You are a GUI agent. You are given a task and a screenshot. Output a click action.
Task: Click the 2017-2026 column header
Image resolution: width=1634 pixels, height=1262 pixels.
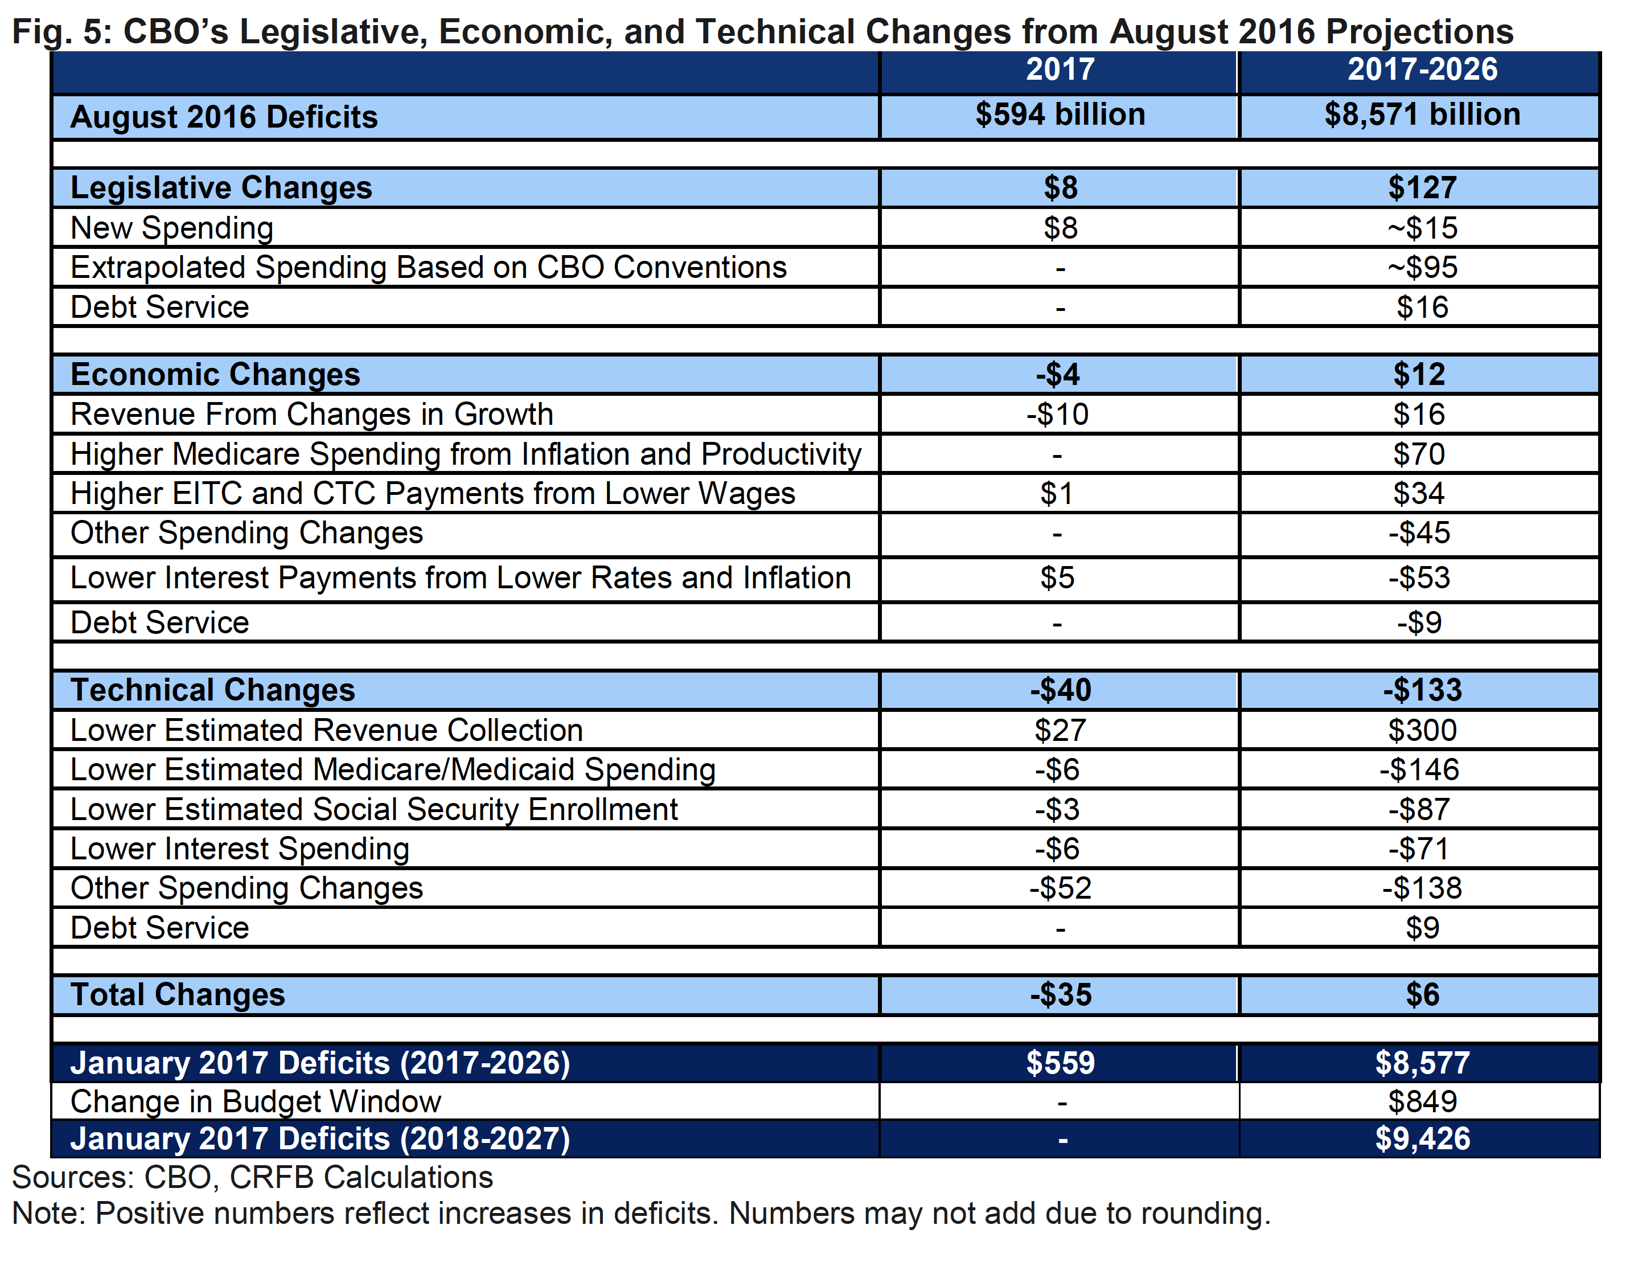(x=1422, y=69)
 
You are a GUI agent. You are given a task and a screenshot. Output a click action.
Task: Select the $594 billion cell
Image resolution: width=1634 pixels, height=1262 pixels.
(x=1060, y=115)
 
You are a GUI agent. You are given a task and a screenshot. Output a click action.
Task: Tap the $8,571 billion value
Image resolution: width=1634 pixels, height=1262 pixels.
(x=1422, y=115)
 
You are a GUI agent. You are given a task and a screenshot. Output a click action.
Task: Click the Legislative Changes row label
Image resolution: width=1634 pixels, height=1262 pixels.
(x=221, y=188)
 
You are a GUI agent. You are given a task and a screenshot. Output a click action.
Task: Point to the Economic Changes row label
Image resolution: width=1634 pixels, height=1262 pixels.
(x=215, y=374)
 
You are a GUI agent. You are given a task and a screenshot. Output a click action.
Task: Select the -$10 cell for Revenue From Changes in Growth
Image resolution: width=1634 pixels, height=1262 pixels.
(x=1057, y=415)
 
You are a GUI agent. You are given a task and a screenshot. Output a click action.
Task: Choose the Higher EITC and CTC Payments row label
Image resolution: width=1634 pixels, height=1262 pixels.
(x=433, y=494)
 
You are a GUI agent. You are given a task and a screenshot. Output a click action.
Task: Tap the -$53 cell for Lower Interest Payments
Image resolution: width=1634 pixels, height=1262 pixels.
(x=1419, y=578)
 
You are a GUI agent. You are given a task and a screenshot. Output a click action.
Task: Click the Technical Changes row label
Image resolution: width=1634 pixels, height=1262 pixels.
(x=212, y=690)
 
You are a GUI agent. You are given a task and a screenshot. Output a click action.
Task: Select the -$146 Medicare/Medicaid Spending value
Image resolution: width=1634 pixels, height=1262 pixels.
(x=1419, y=770)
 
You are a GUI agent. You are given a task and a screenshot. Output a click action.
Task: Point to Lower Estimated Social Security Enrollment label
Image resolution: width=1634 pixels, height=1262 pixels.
(x=374, y=810)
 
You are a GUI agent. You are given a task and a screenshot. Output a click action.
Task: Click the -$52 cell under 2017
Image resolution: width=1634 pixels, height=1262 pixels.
(x=1060, y=888)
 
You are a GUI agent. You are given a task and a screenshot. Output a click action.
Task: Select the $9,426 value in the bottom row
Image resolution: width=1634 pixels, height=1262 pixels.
(x=1422, y=1139)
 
